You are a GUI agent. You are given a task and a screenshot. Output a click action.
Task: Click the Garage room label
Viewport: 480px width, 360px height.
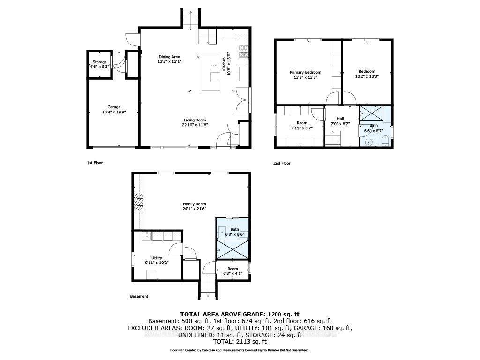[x=113, y=107]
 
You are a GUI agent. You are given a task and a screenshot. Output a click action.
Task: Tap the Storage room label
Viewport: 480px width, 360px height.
[x=99, y=62]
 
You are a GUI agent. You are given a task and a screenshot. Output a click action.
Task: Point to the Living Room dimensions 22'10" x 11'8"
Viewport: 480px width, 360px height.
[x=194, y=125]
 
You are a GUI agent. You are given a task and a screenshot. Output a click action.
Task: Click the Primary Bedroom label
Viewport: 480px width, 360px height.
[x=305, y=72]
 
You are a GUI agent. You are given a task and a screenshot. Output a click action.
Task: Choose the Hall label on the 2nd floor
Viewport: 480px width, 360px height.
[x=340, y=119]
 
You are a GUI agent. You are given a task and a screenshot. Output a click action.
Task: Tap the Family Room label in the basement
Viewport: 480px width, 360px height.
[x=194, y=204]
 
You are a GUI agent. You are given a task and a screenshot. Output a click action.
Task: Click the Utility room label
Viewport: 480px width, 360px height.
[x=156, y=258]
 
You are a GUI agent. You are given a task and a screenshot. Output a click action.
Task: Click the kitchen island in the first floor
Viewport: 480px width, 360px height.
[x=211, y=73]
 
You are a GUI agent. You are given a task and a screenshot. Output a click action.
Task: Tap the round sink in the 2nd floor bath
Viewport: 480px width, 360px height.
[x=369, y=142]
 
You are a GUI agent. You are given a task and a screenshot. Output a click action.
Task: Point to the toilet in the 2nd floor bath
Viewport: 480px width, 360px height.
[x=384, y=141]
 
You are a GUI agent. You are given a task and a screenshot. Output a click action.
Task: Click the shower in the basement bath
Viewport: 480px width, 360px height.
[x=232, y=249]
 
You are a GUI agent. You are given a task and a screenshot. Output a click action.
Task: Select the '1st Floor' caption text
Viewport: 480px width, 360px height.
[x=95, y=163]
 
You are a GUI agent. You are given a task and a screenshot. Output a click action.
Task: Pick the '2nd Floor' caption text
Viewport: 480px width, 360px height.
[x=282, y=163]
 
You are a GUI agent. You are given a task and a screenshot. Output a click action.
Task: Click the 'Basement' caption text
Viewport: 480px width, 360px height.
[x=139, y=296]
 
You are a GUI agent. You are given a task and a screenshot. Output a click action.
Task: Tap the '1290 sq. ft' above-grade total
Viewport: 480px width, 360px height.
[x=283, y=314]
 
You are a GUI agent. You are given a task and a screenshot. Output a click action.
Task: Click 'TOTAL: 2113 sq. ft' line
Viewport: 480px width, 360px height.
[x=240, y=342]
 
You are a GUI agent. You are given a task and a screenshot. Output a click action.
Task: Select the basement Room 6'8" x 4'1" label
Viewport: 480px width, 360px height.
[x=232, y=271]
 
